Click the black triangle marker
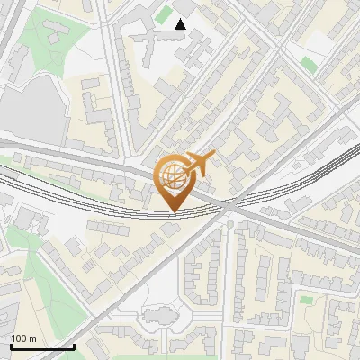coord(181,24)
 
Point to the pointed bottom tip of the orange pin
coord(173,212)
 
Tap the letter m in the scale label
coord(33,338)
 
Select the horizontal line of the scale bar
coord(42,346)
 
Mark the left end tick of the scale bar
coord(11,345)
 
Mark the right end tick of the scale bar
coord(74,345)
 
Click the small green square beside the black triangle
coord(166,13)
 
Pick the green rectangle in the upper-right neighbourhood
coord(309,64)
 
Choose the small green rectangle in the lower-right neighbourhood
coord(306,299)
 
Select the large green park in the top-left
coord(45,40)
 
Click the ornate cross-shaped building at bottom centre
coord(160,317)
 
